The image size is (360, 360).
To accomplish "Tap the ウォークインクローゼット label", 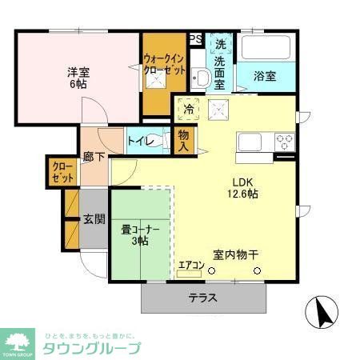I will [x=165, y=64].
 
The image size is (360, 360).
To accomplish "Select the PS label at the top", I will [x=195, y=38].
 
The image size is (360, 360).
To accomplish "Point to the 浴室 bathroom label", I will [x=265, y=77].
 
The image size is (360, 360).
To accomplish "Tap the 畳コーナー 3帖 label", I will [x=140, y=235].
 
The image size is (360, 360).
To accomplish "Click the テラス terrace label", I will [x=205, y=298].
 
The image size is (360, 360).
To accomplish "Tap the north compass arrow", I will [x=322, y=313].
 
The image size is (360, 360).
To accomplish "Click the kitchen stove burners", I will [x=283, y=142].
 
